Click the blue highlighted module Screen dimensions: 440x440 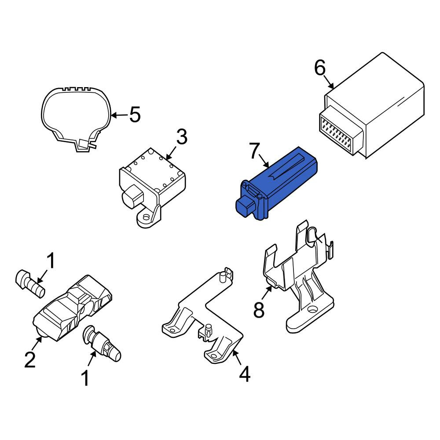click(x=276, y=183)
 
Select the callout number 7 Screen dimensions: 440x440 click(x=254, y=150)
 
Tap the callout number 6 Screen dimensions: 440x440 click(x=319, y=68)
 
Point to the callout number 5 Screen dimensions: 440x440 click(x=135, y=115)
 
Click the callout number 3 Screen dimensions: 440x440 click(x=182, y=137)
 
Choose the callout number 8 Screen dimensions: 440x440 click(x=259, y=309)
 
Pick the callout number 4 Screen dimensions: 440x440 click(x=244, y=374)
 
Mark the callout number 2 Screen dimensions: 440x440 click(x=30, y=359)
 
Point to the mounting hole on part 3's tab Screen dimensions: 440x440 click(x=146, y=217)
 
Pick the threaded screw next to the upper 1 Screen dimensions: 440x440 click(x=30, y=284)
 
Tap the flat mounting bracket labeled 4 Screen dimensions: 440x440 click(x=202, y=316)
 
